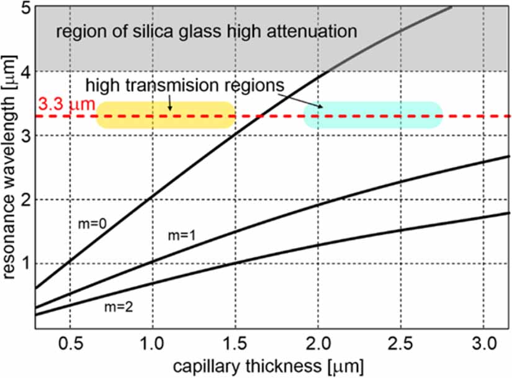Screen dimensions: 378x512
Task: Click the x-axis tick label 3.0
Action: [483, 344]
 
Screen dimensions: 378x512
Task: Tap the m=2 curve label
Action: [117, 306]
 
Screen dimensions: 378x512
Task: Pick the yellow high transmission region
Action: [166, 115]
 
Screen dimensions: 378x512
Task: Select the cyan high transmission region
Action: [372, 115]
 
